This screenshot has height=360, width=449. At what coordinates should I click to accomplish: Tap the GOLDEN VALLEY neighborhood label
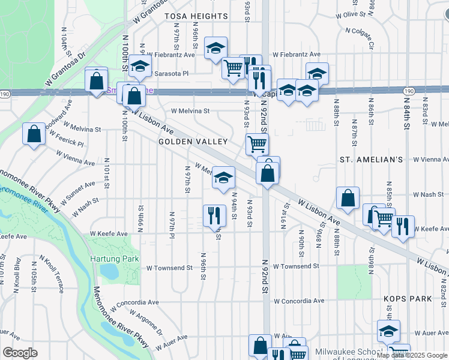[x=193, y=142]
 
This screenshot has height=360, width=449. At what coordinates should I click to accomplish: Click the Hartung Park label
[x=114, y=259]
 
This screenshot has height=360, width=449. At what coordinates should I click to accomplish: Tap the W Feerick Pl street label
[x=67, y=142]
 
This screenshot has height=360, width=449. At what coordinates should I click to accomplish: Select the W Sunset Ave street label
[x=77, y=191]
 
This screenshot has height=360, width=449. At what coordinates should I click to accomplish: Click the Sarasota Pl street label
[x=172, y=73]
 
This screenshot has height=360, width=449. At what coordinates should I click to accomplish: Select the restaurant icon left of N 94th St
[x=214, y=215]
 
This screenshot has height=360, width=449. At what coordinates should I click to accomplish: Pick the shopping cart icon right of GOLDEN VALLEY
[x=257, y=143]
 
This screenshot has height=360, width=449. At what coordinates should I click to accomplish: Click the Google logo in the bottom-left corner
[x=20, y=353]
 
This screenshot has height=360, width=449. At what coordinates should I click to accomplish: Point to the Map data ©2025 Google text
[x=412, y=355]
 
